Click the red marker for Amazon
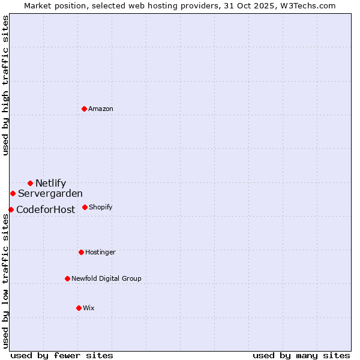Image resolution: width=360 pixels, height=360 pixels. click(85, 109)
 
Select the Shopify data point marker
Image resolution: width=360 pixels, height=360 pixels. click(85, 207)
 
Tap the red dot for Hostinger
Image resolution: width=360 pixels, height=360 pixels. click(81, 252)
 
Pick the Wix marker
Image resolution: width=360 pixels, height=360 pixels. click(79, 308)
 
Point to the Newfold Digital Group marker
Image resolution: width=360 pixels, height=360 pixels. click(67, 278)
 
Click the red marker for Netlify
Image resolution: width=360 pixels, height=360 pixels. click(30, 183)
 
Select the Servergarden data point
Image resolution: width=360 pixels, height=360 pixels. click(13, 193)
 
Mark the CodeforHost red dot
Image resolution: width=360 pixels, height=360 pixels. click(11, 209)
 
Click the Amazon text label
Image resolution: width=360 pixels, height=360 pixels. click(101, 109)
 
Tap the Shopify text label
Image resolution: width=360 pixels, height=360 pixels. click(100, 208)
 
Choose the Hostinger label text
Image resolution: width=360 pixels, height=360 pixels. click(100, 253)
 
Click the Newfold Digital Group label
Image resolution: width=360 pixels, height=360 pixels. click(106, 279)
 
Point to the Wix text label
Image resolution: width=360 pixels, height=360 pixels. click(89, 308)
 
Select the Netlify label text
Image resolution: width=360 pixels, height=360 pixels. click(50, 184)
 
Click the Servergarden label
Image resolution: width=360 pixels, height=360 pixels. click(50, 194)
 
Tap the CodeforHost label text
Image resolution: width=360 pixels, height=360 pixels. click(46, 210)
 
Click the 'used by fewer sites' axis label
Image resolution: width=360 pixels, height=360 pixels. click(62, 355)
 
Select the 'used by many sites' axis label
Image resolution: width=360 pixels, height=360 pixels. click(301, 355)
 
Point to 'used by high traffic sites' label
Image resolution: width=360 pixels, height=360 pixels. click(5, 85)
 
